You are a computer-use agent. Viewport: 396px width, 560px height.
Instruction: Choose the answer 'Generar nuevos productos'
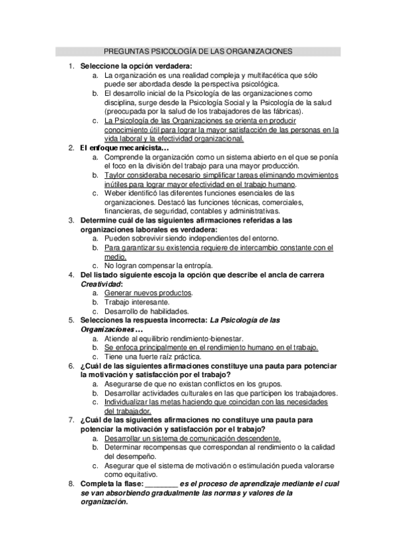click(x=148, y=293)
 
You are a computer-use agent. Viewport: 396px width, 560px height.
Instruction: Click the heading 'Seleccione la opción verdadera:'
click(x=136, y=66)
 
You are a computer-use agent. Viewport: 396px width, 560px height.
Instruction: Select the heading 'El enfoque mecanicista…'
click(x=124, y=148)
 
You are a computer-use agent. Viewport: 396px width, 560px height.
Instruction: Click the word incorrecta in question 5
click(x=185, y=320)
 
